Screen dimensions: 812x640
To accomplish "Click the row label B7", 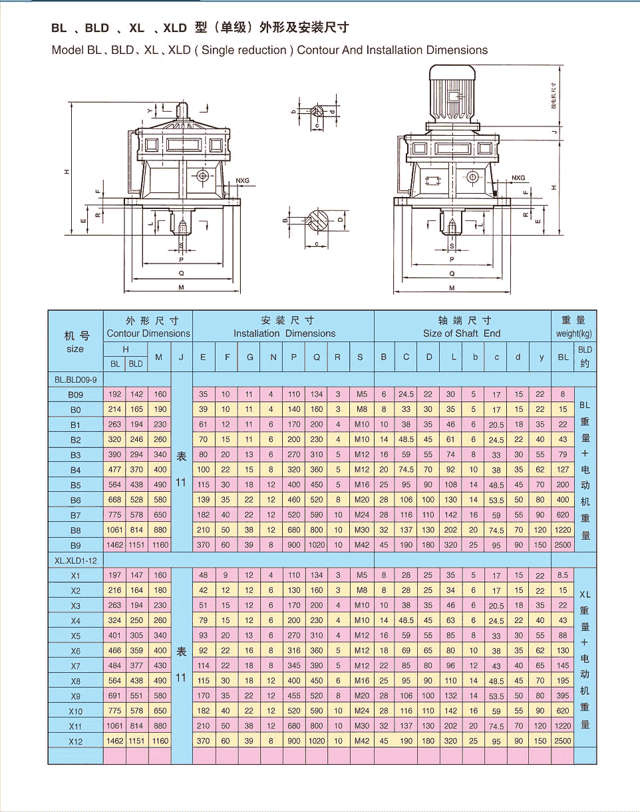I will pos(75,515).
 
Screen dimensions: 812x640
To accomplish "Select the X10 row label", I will pos(75,711).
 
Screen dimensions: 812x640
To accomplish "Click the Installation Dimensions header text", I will pos(284,333).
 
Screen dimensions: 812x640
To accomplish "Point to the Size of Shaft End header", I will pos(461,333).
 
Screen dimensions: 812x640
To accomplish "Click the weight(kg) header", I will pos(573,333).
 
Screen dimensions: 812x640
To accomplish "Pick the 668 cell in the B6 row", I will pos(115,499).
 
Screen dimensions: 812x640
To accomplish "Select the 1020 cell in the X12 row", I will pos(317,740).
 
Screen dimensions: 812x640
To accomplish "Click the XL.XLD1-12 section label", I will pos(76,560).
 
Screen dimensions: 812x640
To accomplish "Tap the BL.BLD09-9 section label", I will pos(76,379).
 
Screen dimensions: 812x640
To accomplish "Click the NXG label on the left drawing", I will pos(242,180).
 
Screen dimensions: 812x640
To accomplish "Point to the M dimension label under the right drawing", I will pos(452,288).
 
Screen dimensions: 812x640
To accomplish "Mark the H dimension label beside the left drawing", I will pos(67,172).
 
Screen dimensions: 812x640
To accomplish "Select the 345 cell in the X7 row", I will pos(294,666).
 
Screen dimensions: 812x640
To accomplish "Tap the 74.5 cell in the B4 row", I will pos(406,469).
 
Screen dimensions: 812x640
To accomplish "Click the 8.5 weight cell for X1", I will pos(563,575).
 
